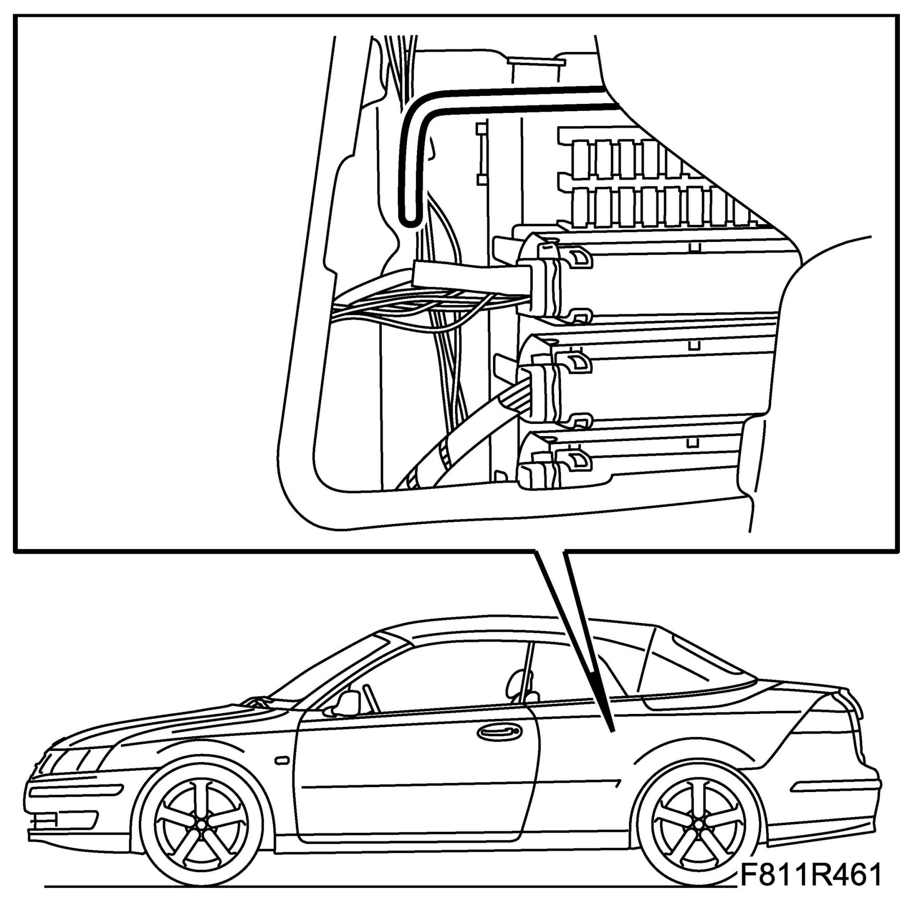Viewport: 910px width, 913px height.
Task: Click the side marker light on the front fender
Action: [x=281, y=760]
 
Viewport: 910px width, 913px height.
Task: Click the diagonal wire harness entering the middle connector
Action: [x=472, y=425]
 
